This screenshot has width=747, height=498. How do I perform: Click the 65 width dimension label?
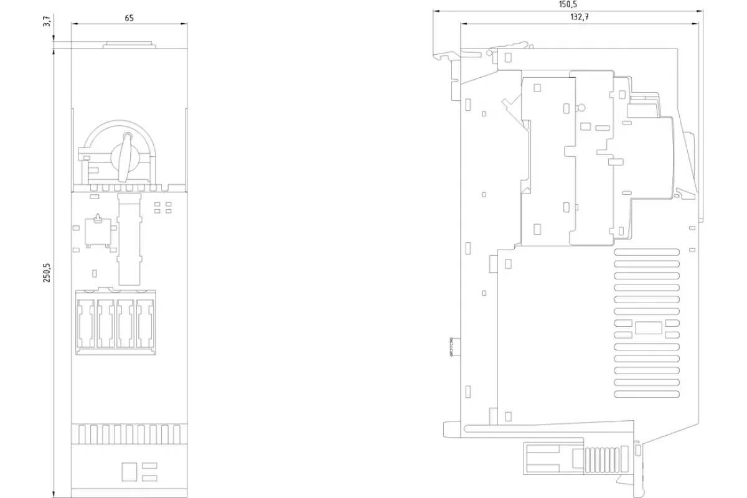[x=129, y=18]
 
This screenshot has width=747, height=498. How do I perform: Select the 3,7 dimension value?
[x=47, y=21]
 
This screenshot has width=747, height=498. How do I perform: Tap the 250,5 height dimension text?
[x=47, y=273]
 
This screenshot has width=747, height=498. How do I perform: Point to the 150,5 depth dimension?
[x=568, y=4]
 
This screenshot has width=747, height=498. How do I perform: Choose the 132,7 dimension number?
[x=580, y=17]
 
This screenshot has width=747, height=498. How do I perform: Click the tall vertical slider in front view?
[x=129, y=240]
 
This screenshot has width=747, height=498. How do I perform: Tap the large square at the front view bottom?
[x=129, y=472]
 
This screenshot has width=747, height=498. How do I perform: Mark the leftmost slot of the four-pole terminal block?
[x=86, y=324]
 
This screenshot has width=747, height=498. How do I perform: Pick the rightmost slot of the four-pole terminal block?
[x=145, y=324]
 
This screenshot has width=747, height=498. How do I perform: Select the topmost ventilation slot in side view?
[x=647, y=252]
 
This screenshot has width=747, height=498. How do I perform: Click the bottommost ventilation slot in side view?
[x=647, y=394]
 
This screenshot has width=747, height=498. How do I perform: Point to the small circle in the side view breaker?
[x=581, y=108]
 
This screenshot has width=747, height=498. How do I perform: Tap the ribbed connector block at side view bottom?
[x=603, y=459]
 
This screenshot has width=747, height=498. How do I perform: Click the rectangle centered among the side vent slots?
[x=648, y=328]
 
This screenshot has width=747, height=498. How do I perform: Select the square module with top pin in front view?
[x=98, y=232]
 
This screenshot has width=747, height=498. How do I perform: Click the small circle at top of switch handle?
[x=128, y=136]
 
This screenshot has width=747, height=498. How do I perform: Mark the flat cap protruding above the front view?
[x=129, y=45]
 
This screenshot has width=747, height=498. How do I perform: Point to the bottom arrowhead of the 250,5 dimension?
[x=54, y=494]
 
